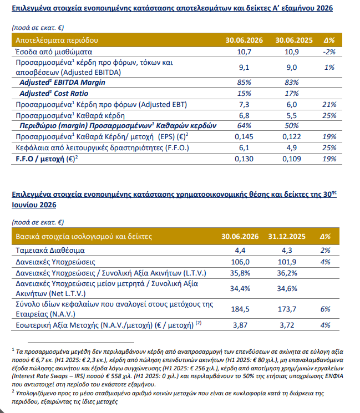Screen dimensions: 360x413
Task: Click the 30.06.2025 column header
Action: [294, 40]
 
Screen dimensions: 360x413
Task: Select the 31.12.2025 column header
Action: [287, 236]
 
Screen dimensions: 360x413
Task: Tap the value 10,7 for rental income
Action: [244, 52]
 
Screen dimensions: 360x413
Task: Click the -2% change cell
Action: [329, 52]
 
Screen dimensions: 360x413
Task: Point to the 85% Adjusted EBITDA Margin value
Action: [244, 83]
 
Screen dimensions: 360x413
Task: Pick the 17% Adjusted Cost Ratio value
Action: [291, 94]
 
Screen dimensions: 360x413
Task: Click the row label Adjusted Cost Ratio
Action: [54, 94]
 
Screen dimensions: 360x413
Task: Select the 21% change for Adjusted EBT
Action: [329, 105]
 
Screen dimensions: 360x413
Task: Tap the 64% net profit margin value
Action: [244, 126]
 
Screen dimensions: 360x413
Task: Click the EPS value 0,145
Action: [244, 137]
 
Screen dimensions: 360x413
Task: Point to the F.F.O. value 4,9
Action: [291, 148]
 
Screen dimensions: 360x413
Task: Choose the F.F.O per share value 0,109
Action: [291, 159]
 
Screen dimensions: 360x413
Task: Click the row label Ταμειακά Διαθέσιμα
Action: [50, 250]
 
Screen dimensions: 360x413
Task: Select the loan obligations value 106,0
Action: [240, 262]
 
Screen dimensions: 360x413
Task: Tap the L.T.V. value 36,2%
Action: [287, 273]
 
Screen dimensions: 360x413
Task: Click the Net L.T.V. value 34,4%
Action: [240, 289]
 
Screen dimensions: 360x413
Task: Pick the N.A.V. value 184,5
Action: [240, 309]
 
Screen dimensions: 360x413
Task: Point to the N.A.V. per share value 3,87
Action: [240, 325]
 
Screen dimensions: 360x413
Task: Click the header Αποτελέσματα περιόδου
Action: [57, 40]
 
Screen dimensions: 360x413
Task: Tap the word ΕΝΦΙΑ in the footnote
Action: [334, 376]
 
